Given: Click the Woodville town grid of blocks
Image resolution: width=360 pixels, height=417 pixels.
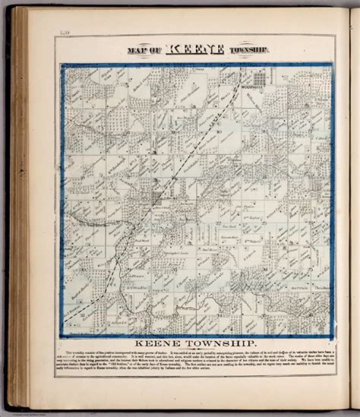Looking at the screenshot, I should [258, 78].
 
